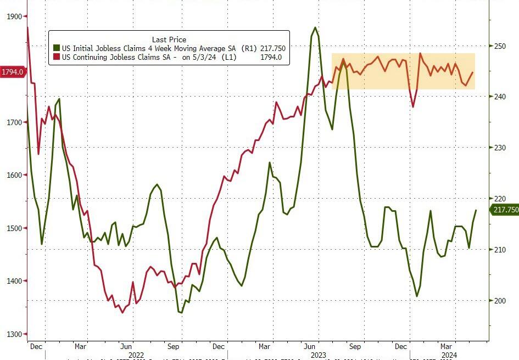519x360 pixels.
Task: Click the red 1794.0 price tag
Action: click(12, 72)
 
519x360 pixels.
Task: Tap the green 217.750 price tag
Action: click(505, 210)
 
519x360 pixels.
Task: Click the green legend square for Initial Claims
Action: click(55, 48)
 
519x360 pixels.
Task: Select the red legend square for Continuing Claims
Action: click(55, 57)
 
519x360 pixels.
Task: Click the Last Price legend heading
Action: click(169, 40)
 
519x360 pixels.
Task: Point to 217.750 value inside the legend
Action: click(273, 48)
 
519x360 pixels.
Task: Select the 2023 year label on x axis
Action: click(319, 355)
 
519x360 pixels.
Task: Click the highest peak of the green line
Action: click(315, 27)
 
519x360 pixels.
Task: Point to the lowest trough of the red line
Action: click(122, 312)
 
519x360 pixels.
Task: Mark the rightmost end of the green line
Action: click(476, 210)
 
